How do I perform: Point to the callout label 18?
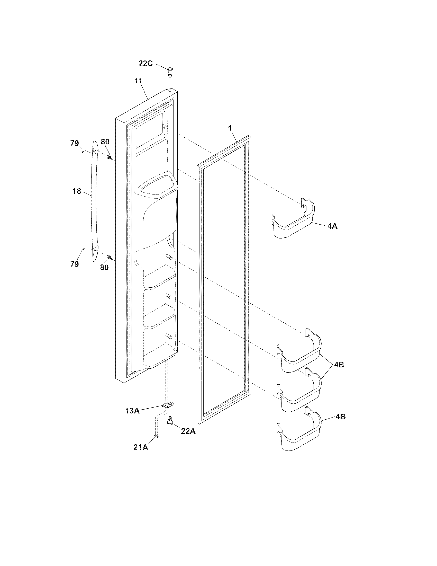(x=77, y=191)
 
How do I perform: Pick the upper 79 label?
(x=75, y=143)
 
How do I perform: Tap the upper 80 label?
(x=105, y=141)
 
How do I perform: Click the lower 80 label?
(x=104, y=267)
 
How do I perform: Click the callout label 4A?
(x=332, y=226)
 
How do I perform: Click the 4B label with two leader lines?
(x=339, y=365)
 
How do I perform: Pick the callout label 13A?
(x=132, y=411)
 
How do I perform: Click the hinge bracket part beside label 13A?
(x=168, y=405)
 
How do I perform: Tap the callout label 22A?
(x=188, y=431)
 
